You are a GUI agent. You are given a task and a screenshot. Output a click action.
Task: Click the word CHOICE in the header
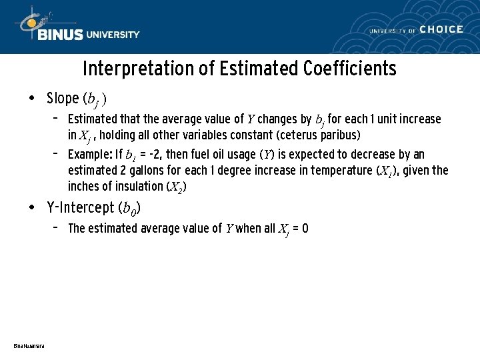[x=441, y=29]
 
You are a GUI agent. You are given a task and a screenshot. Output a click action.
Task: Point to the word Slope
[x=63, y=99]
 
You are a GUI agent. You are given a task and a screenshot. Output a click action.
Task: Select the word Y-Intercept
[x=81, y=207]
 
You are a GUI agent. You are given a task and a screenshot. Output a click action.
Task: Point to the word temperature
[x=336, y=171]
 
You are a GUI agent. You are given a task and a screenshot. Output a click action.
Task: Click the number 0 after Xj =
[x=305, y=229]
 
